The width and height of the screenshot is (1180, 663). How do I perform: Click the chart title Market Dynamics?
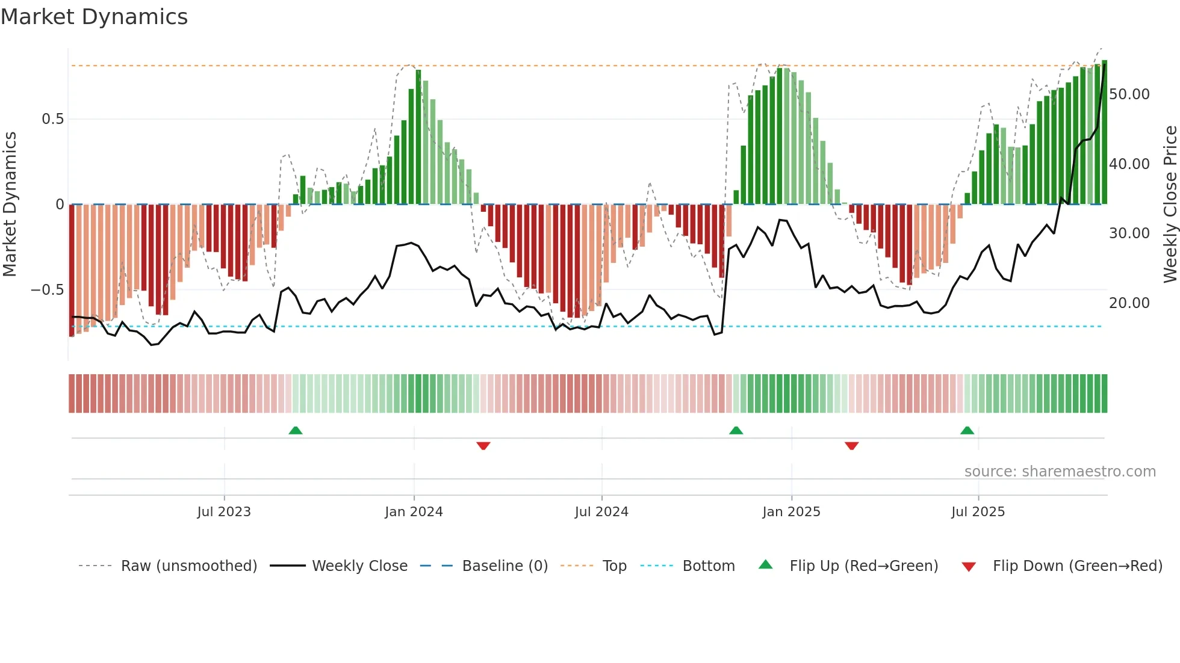94,17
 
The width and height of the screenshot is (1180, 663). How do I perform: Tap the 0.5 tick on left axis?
52,119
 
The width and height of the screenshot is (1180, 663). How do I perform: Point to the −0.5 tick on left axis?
47,290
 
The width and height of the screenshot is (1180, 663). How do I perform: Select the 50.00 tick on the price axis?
1129,94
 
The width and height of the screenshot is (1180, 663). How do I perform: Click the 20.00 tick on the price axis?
1129,303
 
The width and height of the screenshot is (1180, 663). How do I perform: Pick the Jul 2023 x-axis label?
224,512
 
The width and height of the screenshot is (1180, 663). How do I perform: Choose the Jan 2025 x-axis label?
791,512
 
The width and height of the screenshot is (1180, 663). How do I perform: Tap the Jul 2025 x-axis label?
978,512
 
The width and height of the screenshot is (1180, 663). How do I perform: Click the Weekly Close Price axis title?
1170,205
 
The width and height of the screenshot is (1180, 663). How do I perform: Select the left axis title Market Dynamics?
10,205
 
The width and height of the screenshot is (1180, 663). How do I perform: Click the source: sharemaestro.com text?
1060,472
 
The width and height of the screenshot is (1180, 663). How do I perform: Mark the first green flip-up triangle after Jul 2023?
295,431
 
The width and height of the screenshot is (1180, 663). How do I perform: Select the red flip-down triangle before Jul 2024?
483,446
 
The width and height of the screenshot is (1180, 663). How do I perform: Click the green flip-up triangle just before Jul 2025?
967,431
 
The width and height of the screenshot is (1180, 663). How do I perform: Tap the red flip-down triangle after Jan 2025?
851,446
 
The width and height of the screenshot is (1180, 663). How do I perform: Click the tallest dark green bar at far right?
1104,132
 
